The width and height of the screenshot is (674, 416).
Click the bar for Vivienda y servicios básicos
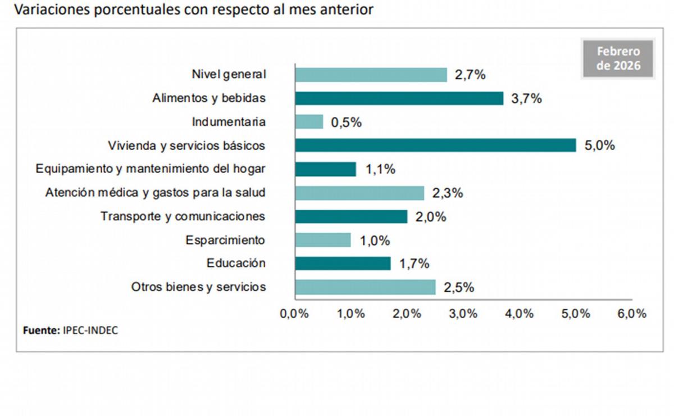tap(435, 145)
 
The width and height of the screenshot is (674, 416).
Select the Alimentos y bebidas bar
tap(399, 98)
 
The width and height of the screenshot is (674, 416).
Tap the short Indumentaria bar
tap(309, 121)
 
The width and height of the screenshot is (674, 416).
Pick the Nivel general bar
tap(371, 75)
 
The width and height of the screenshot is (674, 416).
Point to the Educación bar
tap(343, 263)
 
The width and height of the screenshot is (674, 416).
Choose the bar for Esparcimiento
tap(323, 240)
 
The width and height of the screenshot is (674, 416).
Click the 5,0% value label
tap(599, 146)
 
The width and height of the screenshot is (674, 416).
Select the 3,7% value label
tap(526, 99)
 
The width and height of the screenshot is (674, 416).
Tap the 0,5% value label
tap(346, 123)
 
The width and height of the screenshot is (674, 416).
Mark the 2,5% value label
tap(459, 287)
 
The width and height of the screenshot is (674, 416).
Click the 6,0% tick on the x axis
tap(632, 314)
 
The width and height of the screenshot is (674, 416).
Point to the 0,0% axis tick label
tap(294, 314)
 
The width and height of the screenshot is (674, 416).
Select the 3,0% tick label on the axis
tap(463, 314)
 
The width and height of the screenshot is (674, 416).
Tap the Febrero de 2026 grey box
tap(618, 58)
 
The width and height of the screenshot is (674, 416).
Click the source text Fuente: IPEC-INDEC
tap(70, 331)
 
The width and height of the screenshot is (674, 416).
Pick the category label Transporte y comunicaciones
tap(183, 216)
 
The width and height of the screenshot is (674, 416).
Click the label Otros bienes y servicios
tap(198, 287)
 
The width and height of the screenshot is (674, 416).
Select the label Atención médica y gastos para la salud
tap(155, 193)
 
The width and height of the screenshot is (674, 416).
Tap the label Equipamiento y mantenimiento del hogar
tap(150, 169)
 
